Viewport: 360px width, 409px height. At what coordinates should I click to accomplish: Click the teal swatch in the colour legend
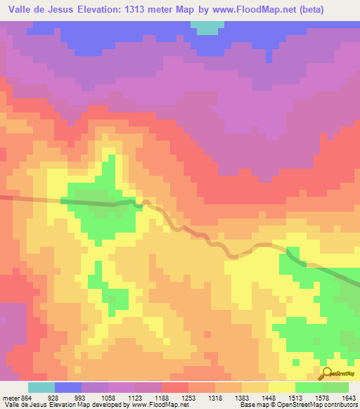pos(41,387)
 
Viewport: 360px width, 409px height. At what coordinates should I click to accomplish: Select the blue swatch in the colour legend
pos(67,387)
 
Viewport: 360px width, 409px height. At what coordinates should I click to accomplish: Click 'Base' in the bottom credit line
pos(247,405)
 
